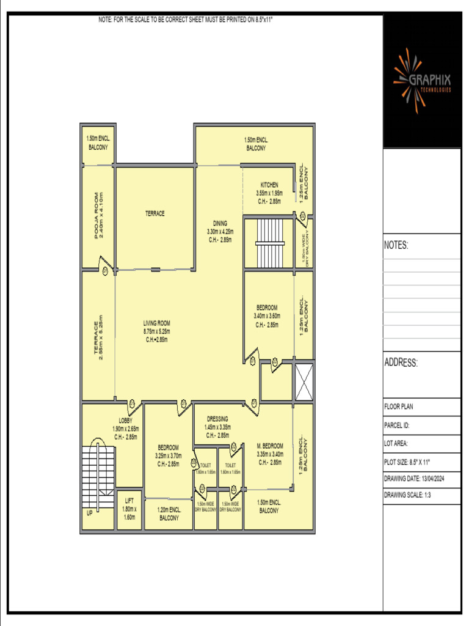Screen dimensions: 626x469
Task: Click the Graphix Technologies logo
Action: click(422, 81)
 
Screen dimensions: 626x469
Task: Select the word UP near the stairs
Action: click(90, 513)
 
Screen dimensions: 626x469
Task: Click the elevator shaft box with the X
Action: click(304, 382)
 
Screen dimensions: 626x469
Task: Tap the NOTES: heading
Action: click(396, 246)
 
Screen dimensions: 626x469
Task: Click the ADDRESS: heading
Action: click(401, 363)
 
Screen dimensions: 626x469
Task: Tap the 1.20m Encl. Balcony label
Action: click(169, 514)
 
